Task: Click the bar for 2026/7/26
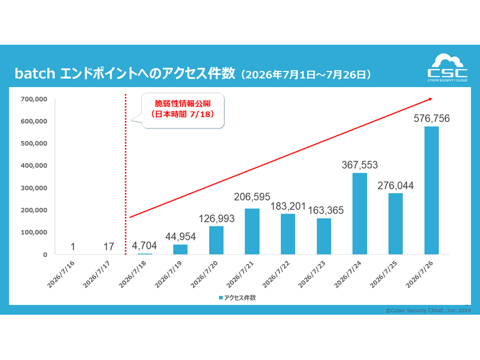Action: pyautogui.click(x=431, y=190)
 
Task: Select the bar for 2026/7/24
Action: pyautogui.click(x=360, y=214)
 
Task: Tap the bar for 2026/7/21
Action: pyautogui.click(x=252, y=231)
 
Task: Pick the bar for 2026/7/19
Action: pyautogui.click(x=180, y=249)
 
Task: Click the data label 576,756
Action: pyautogui.click(x=432, y=118)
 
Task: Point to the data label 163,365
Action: pyautogui.click(x=325, y=210)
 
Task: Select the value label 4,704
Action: pyautogui.click(x=144, y=245)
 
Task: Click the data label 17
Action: pyautogui.click(x=109, y=247)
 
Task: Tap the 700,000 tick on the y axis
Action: pyautogui.click(x=34, y=99)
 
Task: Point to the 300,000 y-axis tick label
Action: pyautogui.click(x=34, y=188)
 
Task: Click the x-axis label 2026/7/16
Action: pyautogui.click(x=60, y=275)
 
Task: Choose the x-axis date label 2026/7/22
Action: pyautogui.click(x=276, y=275)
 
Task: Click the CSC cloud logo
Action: pyautogui.click(x=447, y=67)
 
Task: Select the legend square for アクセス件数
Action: pyautogui.click(x=221, y=298)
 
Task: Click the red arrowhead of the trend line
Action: pyautogui.click(x=430, y=99)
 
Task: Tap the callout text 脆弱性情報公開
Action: pyautogui.click(x=182, y=103)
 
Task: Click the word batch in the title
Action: pyautogui.click(x=35, y=73)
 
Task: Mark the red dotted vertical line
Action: pyautogui.click(x=126, y=174)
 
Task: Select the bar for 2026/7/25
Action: pyautogui.click(x=396, y=224)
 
